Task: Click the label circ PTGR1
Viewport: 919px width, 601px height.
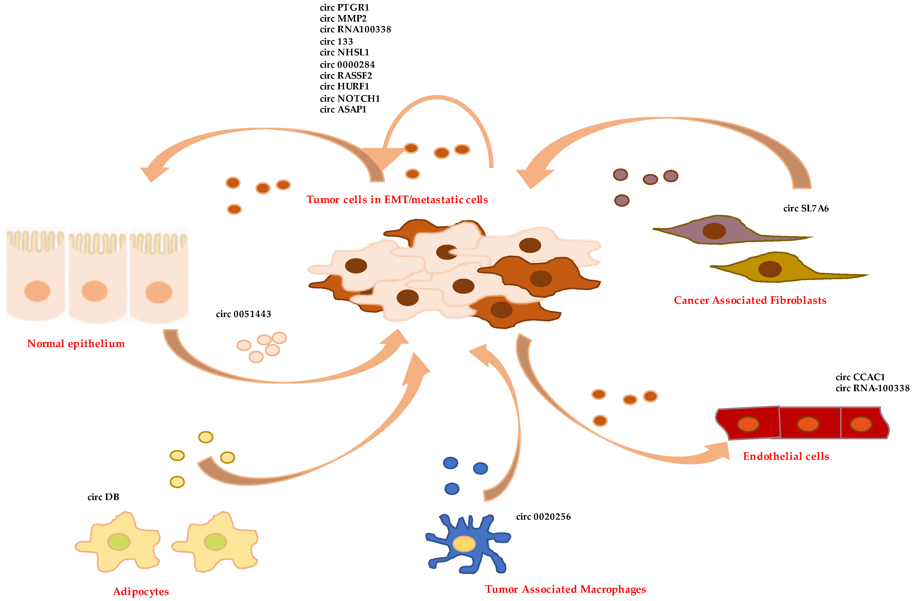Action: click(x=344, y=7)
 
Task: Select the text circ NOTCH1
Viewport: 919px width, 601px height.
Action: click(x=350, y=98)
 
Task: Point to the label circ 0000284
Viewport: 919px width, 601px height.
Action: click(x=347, y=65)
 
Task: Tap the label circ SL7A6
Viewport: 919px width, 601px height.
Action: click(x=806, y=209)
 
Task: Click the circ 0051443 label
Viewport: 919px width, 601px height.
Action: click(x=243, y=314)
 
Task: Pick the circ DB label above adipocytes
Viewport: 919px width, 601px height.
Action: click(x=103, y=497)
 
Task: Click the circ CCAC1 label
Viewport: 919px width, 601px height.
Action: click(x=860, y=377)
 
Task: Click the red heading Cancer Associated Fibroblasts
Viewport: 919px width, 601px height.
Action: click(x=750, y=300)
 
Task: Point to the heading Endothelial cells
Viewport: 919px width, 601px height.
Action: click(x=786, y=457)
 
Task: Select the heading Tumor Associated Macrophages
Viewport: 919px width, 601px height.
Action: click(x=565, y=589)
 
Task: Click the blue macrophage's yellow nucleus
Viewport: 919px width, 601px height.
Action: click(x=464, y=544)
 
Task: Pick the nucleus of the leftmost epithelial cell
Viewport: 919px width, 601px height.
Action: click(x=37, y=291)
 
